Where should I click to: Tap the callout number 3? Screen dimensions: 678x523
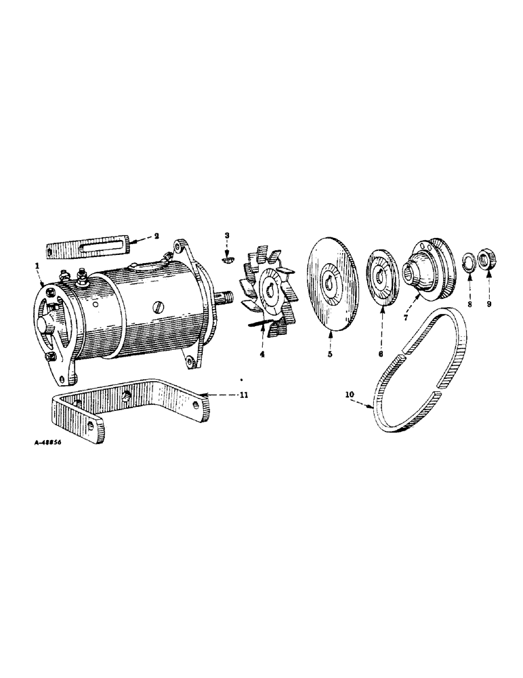(x=228, y=235)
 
